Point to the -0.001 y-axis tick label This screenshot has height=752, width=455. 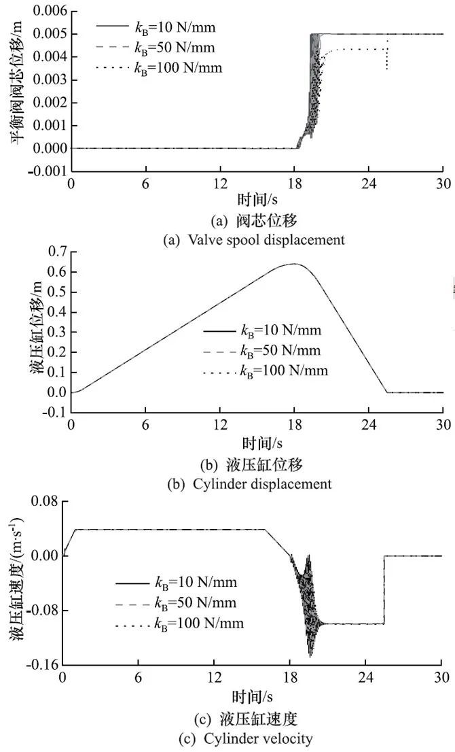click(45, 171)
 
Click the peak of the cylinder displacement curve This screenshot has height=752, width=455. click(293, 264)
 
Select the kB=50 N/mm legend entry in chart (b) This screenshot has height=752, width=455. click(281, 351)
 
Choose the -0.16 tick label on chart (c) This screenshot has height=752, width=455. click(41, 664)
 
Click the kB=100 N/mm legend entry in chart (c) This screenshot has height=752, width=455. click(197, 623)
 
